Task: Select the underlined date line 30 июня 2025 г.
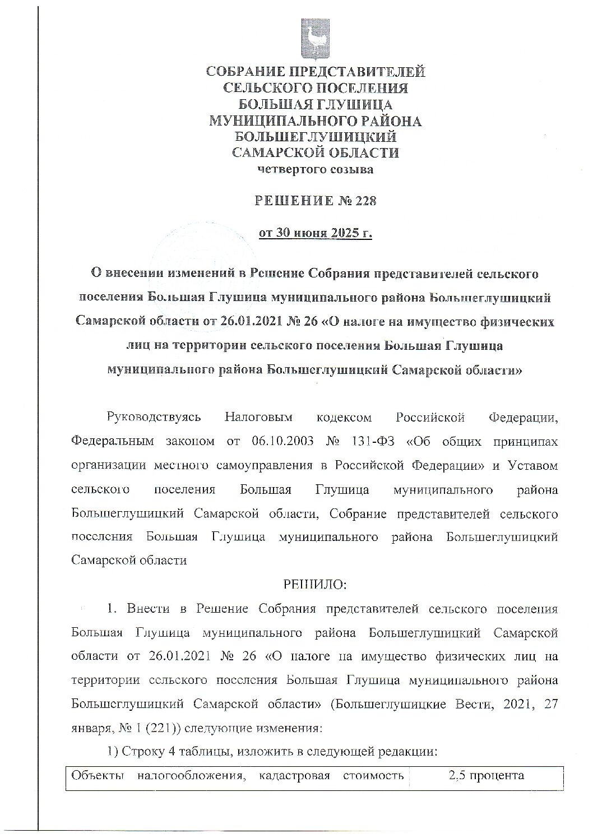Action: tap(316, 233)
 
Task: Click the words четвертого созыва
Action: tap(315, 169)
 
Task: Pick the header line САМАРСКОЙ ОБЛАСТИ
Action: tap(316, 152)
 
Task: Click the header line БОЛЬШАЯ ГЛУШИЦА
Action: tap(316, 104)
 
